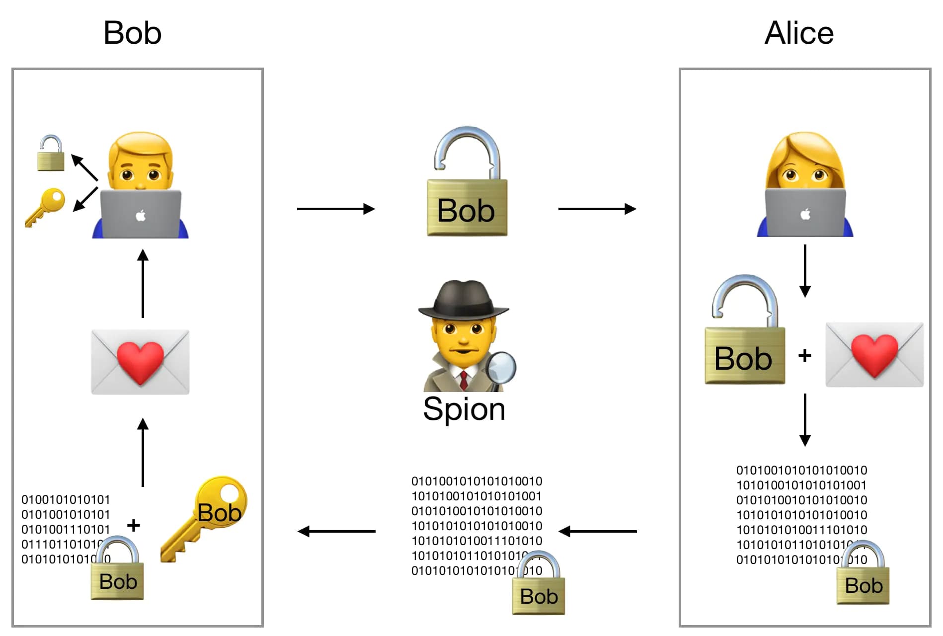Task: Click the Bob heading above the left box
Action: pyautogui.click(x=133, y=33)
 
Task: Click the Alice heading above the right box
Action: pyautogui.click(x=798, y=33)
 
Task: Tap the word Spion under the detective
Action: pyautogui.click(x=464, y=409)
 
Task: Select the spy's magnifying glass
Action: pyautogui.click(x=502, y=368)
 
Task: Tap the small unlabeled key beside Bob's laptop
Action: pyautogui.click(x=46, y=206)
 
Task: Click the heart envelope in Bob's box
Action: pyautogui.click(x=140, y=362)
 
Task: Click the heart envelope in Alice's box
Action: pyautogui.click(x=874, y=354)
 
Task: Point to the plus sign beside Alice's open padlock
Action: pyautogui.click(x=804, y=355)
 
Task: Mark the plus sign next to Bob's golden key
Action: pyautogui.click(x=133, y=525)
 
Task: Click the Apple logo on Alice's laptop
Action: pyautogui.click(x=805, y=214)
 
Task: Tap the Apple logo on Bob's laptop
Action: pyautogui.click(x=141, y=216)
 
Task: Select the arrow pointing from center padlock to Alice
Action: pyautogui.click(x=597, y=209)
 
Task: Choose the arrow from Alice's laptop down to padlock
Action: pyautogui.click(x=805, y=271)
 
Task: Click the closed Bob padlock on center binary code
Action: pyautogui.click(x=539, y=586)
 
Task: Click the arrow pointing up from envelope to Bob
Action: pyautogui.click(x=143, y=283)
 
